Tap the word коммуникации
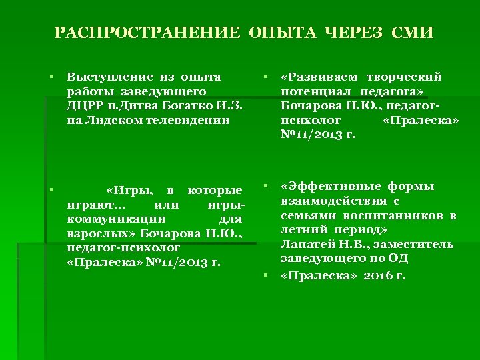pos(111,219)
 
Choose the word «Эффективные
pos(321,187)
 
